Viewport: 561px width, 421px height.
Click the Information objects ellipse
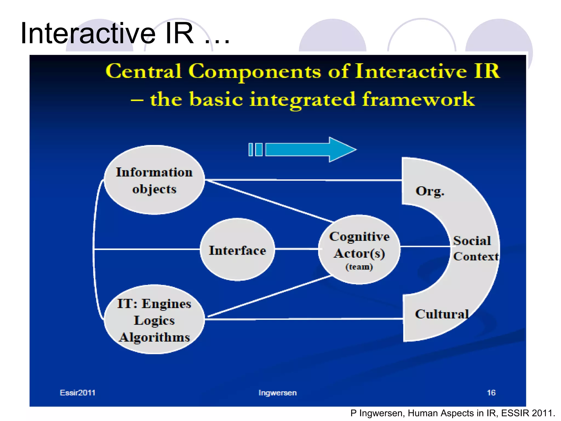(154, 180)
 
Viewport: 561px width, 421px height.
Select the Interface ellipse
(237, 250)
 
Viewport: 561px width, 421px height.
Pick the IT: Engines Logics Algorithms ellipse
(154, 320)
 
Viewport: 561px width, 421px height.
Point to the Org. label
(430, 191)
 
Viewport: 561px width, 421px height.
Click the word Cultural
(442, 314)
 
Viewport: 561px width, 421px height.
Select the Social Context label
(475, 249)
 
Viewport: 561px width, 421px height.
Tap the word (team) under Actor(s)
(359, 267)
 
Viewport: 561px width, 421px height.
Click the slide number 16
(491, 393)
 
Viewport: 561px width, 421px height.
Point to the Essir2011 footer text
(78, 393)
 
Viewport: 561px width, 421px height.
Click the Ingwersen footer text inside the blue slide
(277, 393)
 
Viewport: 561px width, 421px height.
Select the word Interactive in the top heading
(88, 33)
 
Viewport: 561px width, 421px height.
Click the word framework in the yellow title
(418, 99)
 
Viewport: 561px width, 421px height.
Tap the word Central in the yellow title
(144, 71)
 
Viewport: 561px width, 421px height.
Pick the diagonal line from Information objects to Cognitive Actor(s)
(268, 201)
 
